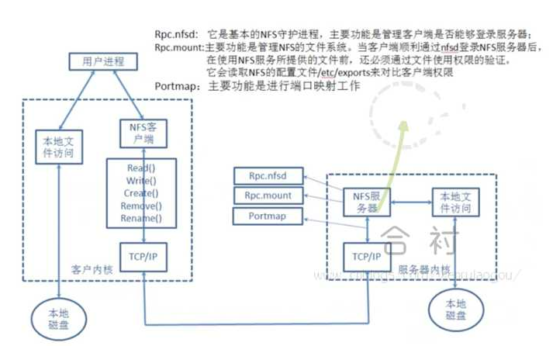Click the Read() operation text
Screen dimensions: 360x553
coord(141,168)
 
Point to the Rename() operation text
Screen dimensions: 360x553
coord(141,219)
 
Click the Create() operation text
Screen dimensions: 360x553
coord(141,193)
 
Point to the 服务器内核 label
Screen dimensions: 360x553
coord(423,269)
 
